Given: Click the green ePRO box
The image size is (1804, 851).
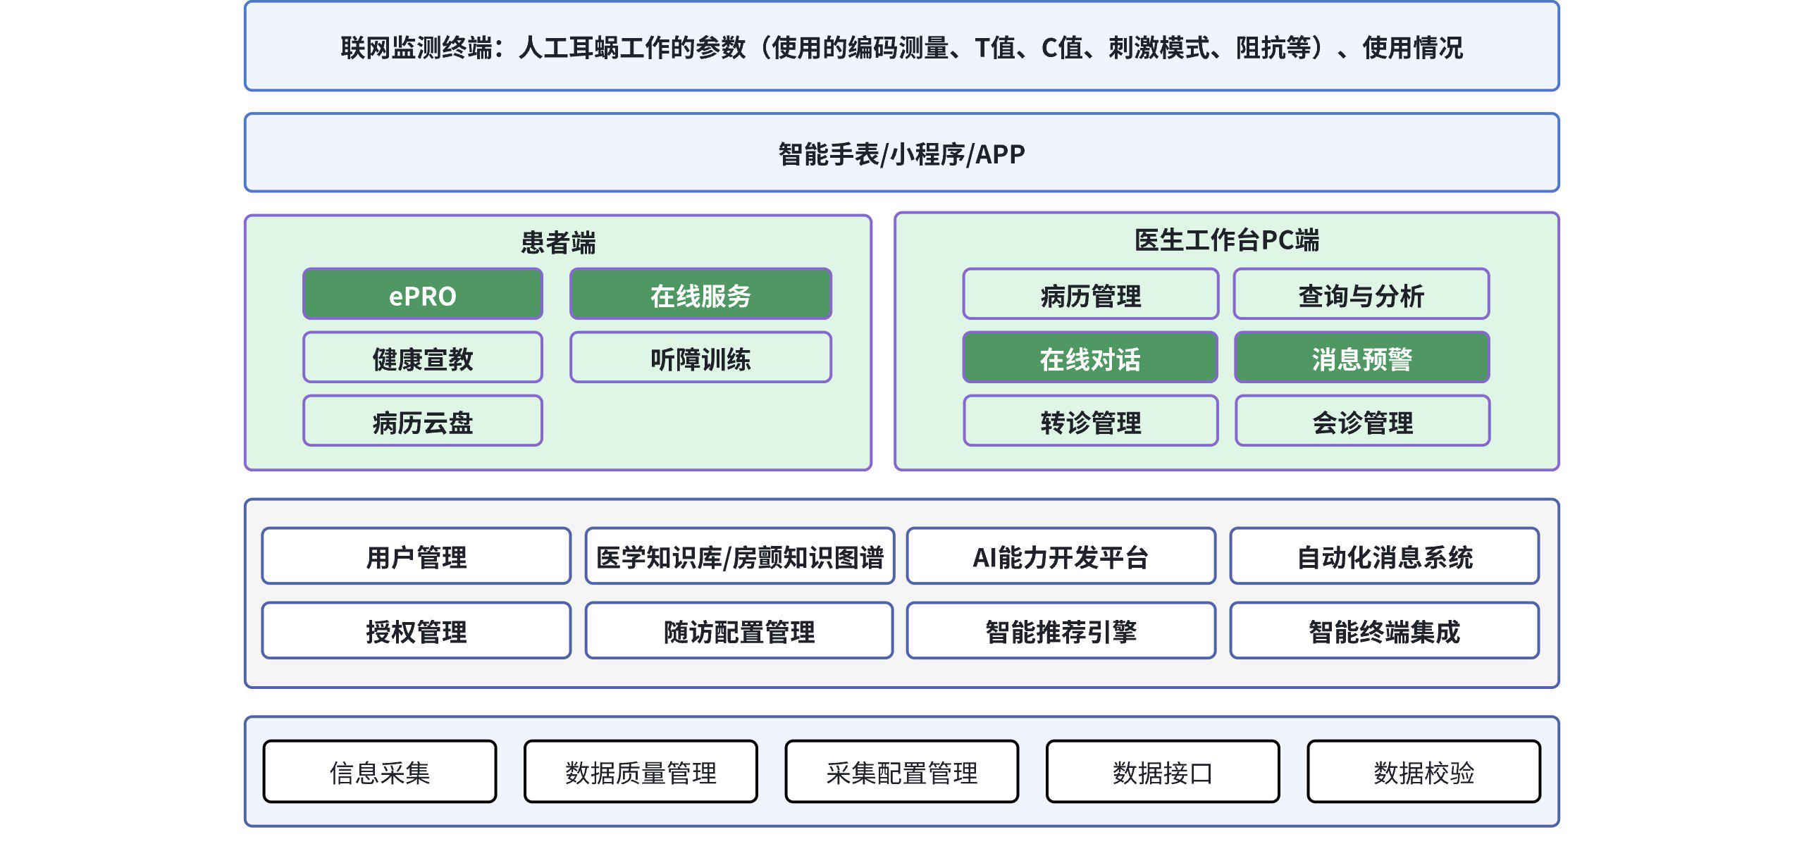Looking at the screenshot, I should pyautogui.click(x=422, y=294).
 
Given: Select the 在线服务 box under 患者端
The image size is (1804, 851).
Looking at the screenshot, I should pyautogui.click(x=700, y=294).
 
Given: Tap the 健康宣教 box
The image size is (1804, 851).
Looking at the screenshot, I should pyautogui.click(x=422, y=358).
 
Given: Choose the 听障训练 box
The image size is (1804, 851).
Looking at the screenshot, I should pyautogui.click(x=700, y=358).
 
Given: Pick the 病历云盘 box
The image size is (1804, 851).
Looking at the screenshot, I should pyautogui.click(x=422, y=421).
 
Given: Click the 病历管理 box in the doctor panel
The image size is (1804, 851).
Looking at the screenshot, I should pyautogui.click(x=1090, y=294).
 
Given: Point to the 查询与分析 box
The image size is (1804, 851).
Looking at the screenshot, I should pyautogui.click(x=1361, y=294).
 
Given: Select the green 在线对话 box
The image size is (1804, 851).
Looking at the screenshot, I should pyautogui.click(x=1090, y=358).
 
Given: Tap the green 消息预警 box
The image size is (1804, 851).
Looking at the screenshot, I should pyautogui.click(x=1361, y=358).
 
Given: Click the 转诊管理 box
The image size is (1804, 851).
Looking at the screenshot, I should pyautogui.click(x=1090, y=421).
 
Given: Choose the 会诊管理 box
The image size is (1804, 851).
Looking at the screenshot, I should pyautogui.click(x=1362, y=421).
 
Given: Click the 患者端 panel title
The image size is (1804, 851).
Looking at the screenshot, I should pyautogui.click(x=558, y=242).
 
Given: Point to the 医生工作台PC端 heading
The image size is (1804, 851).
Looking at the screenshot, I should pyautogui.click(x=1226, y=240).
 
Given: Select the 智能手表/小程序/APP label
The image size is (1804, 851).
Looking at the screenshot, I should pyautogui.click(x=901, y=154).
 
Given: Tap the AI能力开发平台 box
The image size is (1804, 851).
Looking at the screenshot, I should pyautogui.click(x=1061, y=557).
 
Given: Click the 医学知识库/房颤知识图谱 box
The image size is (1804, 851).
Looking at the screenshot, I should pyautogui.click(x=739, y=557).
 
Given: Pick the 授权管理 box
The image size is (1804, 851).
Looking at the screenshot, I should pyautogui.click(x=416, y=631).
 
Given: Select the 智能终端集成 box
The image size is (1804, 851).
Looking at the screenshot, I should pyautogui.click(x=1384, y=631).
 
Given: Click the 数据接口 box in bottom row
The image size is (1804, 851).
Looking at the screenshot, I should pyautogui.click(x=1162, y=772).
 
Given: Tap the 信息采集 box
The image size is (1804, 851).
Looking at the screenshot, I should pyautogui.click(x=379, y=772).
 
